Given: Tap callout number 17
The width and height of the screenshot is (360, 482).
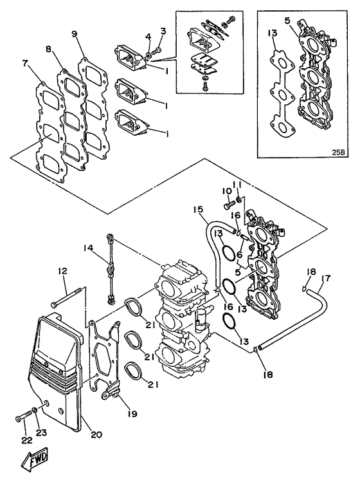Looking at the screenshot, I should [x=326, y=279].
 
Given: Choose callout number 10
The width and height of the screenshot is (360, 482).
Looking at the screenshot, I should [x=226, y=191].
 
